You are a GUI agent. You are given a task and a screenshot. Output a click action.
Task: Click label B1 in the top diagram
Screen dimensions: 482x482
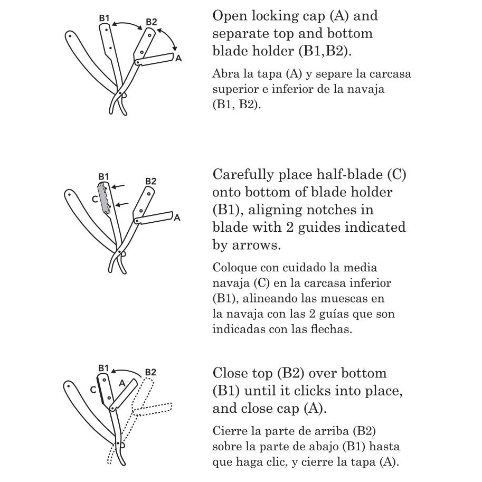coord(105,18)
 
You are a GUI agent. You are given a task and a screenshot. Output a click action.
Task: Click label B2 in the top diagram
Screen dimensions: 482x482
coord(151,22)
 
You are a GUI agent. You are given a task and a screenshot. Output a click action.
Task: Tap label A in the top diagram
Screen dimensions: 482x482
coord(178,59)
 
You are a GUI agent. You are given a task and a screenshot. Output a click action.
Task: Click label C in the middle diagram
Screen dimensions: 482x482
coord(94,199)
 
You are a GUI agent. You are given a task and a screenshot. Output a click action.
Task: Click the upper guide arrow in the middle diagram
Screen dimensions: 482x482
coord(119,186)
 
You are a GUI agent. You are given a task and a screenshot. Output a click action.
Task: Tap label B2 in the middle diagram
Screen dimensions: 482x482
coord(150,181)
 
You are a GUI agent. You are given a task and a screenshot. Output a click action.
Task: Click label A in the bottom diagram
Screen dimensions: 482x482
coord(121,383)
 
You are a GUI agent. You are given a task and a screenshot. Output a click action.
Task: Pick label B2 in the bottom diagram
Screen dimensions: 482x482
coord(150,372)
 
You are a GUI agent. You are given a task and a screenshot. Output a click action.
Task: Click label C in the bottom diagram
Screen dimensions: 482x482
coord(93,390)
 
